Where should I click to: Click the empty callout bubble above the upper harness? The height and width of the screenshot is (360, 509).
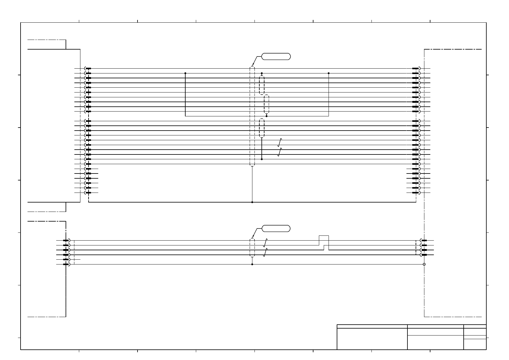coord(276,56)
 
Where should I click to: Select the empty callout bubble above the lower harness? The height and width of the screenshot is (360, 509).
coord(276,228)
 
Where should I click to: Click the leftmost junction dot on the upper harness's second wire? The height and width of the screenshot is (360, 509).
coord(185,73)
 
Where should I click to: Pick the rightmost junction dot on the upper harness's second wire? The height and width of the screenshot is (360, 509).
coord(329,73)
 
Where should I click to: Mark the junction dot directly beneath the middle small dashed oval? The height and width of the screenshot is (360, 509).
coord(266,116)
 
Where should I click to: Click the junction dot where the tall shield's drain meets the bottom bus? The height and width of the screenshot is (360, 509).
coord(252,202)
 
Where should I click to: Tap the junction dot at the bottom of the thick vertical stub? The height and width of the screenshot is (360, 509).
coord(262,159)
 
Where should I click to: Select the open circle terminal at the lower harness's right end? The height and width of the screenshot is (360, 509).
coord(424,264)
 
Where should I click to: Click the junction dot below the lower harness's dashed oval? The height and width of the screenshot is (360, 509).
coord(252,264)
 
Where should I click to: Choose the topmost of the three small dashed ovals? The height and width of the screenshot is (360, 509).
coord(262,85)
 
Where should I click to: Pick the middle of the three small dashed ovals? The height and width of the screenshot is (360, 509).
coord(266,104)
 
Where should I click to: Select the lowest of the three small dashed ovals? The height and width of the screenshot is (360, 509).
coord(262,128)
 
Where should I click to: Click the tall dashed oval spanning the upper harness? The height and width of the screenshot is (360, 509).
coord(252,116)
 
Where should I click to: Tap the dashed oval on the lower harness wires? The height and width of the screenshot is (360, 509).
coord(252,248)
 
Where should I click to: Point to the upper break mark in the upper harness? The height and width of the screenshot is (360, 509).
coord(280,142)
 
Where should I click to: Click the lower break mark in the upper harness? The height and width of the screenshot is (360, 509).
coord(280,152)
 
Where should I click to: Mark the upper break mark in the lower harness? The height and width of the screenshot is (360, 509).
coord(265,243)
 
